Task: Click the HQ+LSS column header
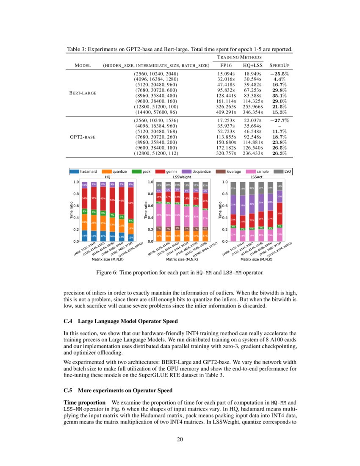[x=253, y=66]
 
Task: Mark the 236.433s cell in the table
[x=253, y=153]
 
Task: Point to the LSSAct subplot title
[x=257, y=177]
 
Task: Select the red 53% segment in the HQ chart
[x=131, y=202]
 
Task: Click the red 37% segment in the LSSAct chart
[x=280, y=214]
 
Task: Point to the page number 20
[x=180, y=439]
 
